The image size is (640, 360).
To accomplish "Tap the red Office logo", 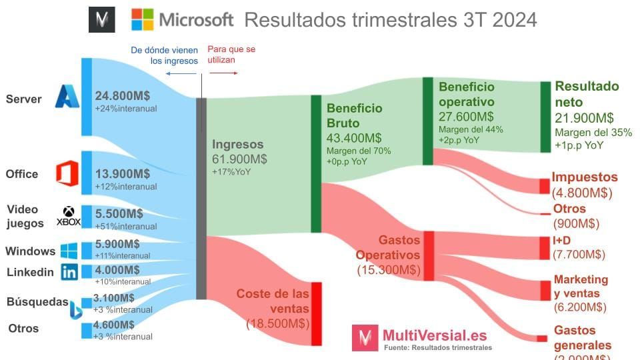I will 67,173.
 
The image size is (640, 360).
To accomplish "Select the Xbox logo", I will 69,217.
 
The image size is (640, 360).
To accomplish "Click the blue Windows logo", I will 69,251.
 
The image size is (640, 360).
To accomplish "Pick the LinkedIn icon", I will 69,271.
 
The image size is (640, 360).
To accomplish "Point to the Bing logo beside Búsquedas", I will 75,309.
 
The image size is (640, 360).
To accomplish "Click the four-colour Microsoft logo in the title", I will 142,19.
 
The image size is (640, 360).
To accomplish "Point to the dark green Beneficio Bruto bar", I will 316,163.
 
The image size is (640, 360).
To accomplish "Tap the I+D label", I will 562,240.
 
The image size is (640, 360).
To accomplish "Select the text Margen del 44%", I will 471,129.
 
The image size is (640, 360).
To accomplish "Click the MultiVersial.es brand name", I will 434,335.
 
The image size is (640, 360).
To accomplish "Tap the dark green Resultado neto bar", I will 543,117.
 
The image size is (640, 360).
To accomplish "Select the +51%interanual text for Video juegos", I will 126,227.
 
